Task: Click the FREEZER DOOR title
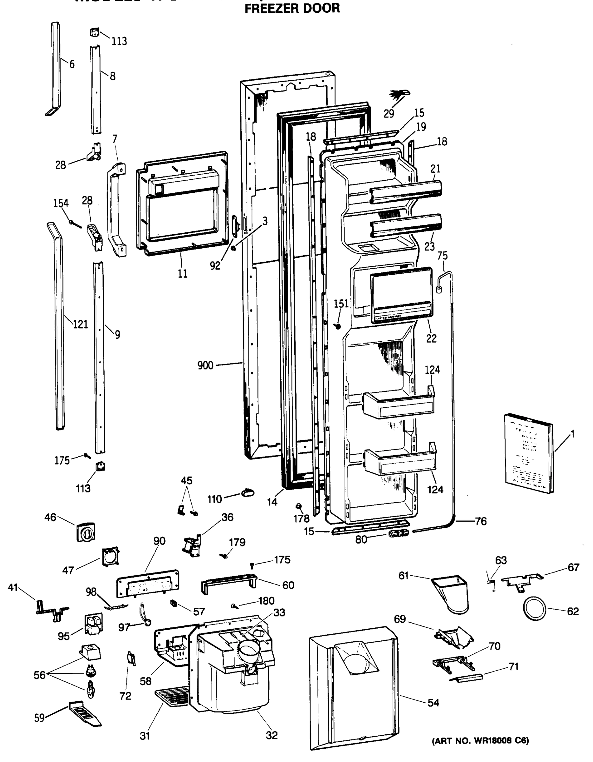click(292, 8)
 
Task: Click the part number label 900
click(205, 365)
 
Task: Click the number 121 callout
click(80, 324)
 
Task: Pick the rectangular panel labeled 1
click(529, 452)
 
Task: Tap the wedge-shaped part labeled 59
click(85, 713)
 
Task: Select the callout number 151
click(341, 304)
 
